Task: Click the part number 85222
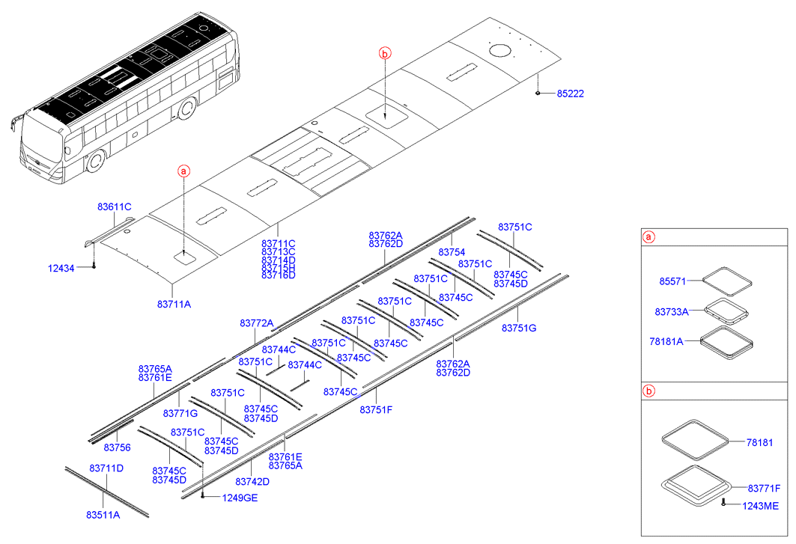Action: click(x=571, y=94)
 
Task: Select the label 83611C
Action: click(x=114, y=206)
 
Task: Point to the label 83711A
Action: click(x=174, y=304)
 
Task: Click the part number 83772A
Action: click(x=257, y=323)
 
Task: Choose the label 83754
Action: click(x=452, y=252)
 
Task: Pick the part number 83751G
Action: click(x=519, y=328)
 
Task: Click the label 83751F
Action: click(x=377, y=409)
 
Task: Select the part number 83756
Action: click(x=117, y=447)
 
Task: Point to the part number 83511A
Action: click(x=103, y=515)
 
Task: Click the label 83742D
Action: click(x=252, y=481)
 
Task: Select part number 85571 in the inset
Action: click(x=673, y=281)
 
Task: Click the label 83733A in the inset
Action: click(x=672, y=311)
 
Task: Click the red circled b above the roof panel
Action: click(x=384, y=53)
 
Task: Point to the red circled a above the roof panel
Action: click(x=184, y=172)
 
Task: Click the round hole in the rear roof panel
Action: click(x=499, y=51)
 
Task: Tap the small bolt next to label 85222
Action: click(x=538, y=94)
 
